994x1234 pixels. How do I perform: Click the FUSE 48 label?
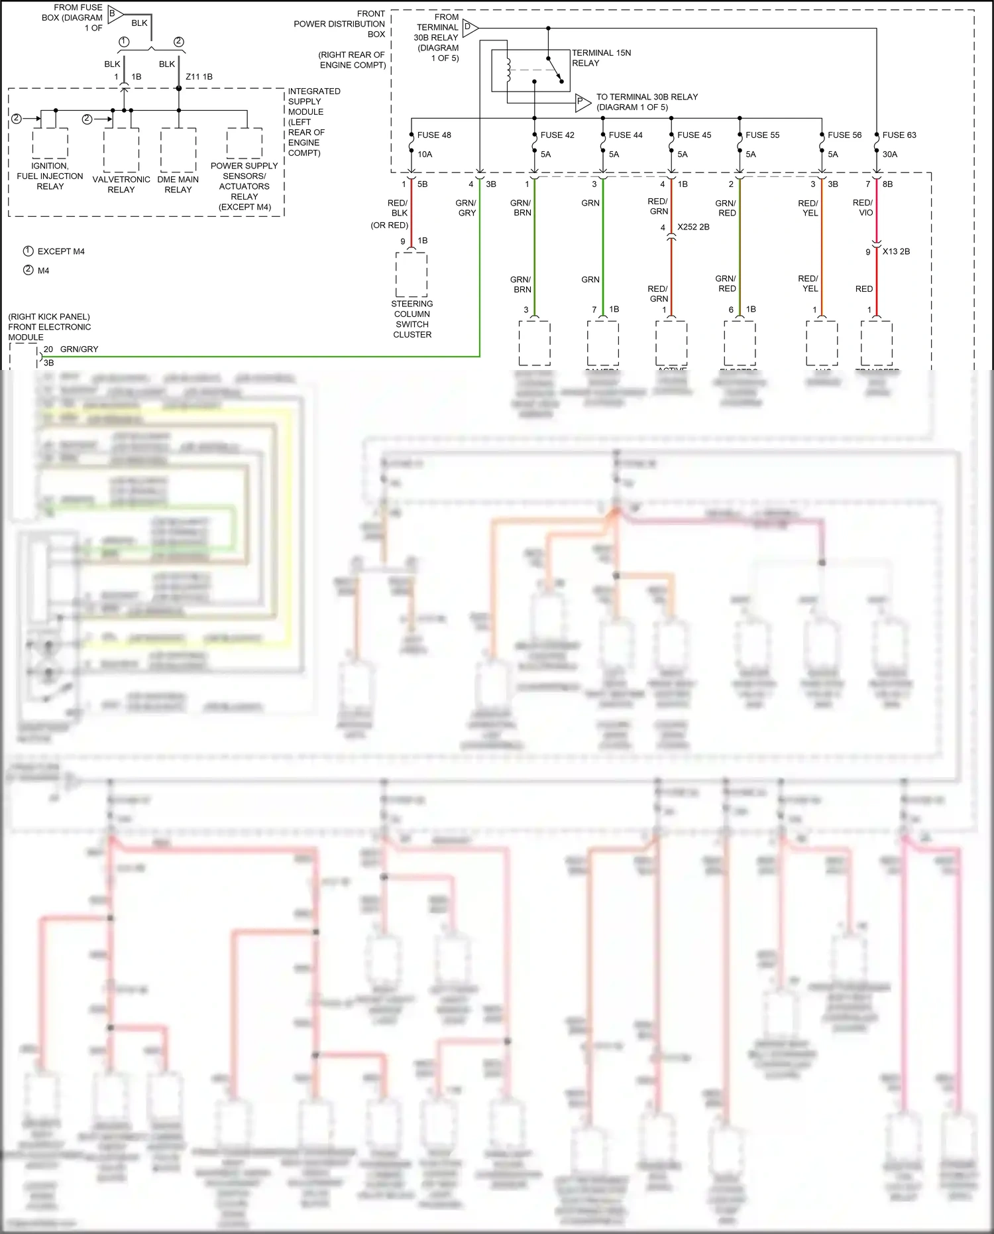pos(433,135)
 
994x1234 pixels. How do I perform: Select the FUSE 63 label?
pos(899,135)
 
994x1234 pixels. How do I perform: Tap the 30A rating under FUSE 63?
pos(889,154)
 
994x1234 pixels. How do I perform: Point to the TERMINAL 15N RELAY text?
pos(600,58)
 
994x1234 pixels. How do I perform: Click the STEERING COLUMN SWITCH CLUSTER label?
pos(412,319)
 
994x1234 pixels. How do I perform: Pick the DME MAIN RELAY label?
pos(178,184)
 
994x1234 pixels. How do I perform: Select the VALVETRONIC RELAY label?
pos(121,184)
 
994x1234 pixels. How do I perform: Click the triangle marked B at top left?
pos(114,13)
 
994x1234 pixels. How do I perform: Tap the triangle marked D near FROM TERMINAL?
pos(469,28)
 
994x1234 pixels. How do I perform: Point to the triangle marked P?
pos(581,101)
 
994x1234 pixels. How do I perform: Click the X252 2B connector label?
pos(692,227)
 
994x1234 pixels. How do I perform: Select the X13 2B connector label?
pos(895,251)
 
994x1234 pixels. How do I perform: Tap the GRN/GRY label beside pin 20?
pos(79,349)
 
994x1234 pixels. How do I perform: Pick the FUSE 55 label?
pos(762,135)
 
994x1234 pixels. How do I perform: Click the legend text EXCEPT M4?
pos(60,251)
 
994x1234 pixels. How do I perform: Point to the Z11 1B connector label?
pos(199,77)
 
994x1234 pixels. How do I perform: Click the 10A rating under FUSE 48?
pos(424,154)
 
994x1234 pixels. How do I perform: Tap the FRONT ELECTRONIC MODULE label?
pos(50,327)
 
